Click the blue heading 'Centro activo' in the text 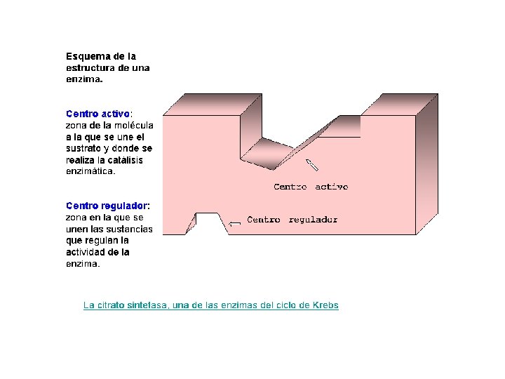coord(97,112)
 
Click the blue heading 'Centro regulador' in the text coord(106,206)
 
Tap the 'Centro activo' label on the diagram coord(310,187)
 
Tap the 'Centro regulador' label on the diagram coord(292,220)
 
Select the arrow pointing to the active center coord(311,166)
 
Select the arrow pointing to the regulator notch coord(235,223)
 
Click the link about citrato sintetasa coord(210,305)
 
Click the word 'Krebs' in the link coord(325,305)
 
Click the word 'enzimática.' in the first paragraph coord(90,171)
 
